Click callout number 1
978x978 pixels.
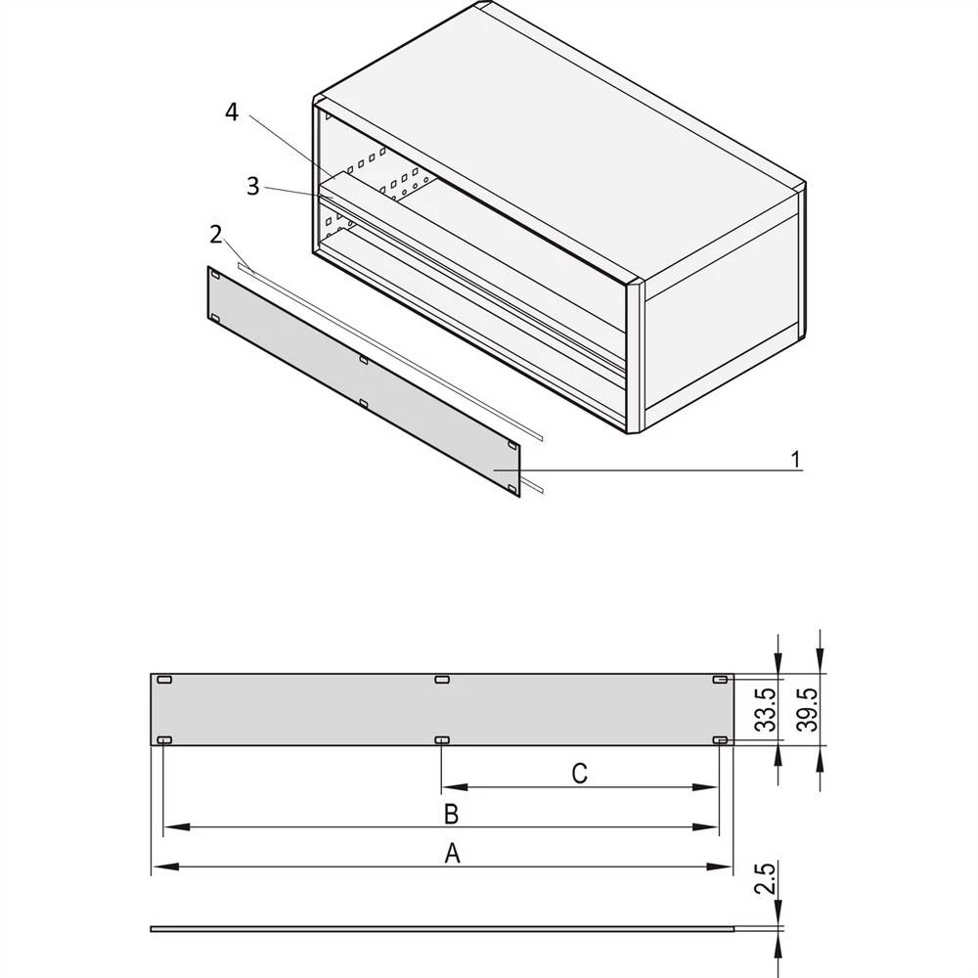point(795,460)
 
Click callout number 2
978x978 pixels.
point(216,235)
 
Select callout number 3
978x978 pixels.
point(252,186)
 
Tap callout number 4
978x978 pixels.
point(232,112)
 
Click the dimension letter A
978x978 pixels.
point(452,853)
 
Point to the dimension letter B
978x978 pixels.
point(451,814)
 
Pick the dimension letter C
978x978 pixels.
point(579,774)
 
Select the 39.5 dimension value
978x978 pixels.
point(809,710)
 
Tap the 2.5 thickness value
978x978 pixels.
point(766,879)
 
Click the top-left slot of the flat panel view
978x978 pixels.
point(164,680)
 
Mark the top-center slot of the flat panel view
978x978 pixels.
point(442,680)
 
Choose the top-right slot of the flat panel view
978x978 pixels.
point(720,680)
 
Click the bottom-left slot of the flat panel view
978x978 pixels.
point(164,739)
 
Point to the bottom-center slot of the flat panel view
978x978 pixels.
point(442,739)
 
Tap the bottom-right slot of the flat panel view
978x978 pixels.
point(720,739)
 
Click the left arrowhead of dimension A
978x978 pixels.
point(165,867)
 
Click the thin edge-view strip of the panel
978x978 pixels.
point(442,929)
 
